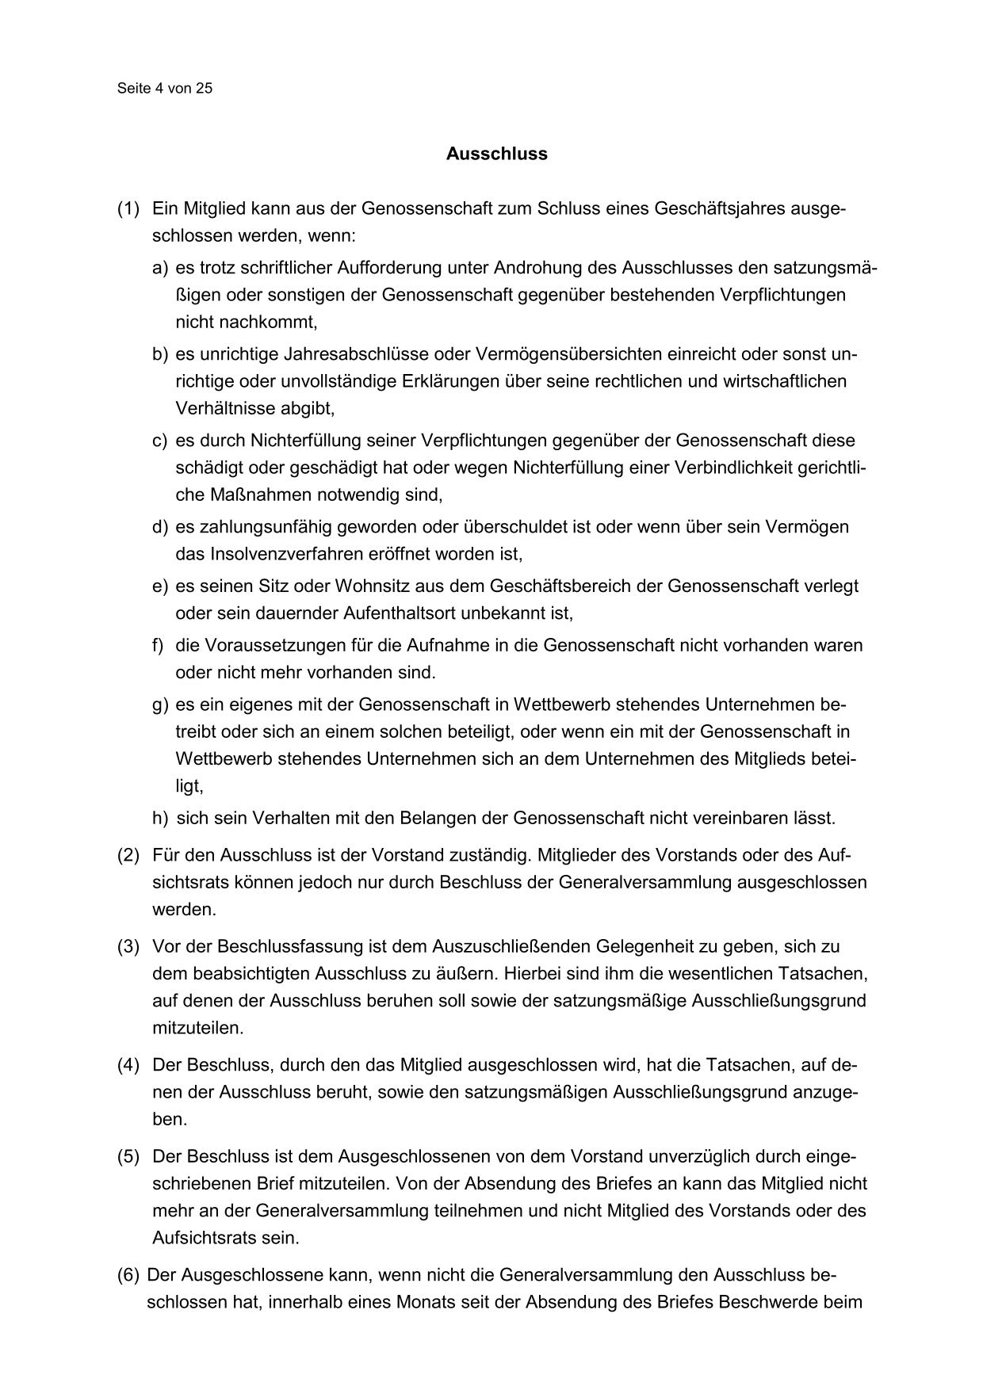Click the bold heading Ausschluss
coord(496,154)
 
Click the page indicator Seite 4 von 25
coord(165,89)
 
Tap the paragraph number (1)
coord(128,209)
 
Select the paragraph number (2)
coord(128,855)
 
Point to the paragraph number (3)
coord(128,946)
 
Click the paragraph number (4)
coord(128,1064)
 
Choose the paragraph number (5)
coord(128,1156)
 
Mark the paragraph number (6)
coord(128,1275)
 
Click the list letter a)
coord(160,268)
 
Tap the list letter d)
coord(160,527)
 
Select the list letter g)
coord(160,705)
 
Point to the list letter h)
coord(160,817)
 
